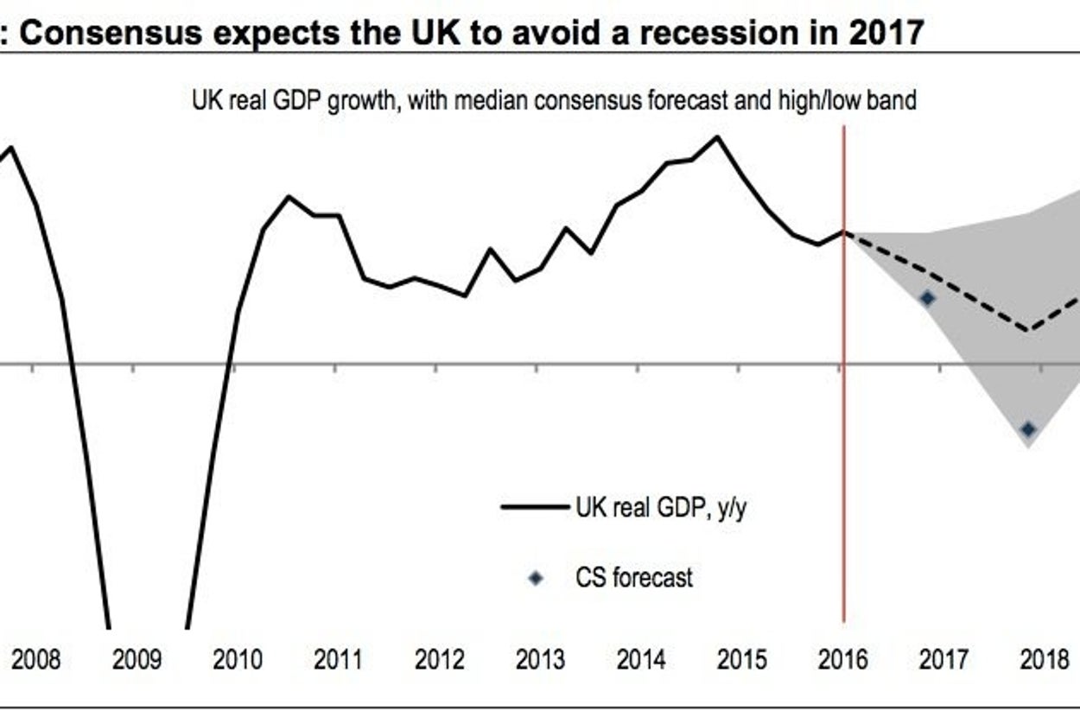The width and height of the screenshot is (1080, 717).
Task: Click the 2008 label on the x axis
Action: [37, 661]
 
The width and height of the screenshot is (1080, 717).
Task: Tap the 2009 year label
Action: [137, 661]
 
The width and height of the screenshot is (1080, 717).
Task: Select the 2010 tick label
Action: [238, 661]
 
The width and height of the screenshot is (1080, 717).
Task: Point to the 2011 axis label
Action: [338, 661]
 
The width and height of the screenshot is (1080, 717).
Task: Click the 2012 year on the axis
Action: [439, 661]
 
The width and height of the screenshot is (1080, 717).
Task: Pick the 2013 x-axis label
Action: [540, 661]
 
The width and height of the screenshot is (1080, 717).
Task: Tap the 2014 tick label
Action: [641, 661]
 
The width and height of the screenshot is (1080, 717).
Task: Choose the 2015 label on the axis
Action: [742, 661]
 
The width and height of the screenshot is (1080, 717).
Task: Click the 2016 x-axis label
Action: [843, 661]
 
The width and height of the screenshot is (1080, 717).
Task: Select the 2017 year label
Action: [943, 661]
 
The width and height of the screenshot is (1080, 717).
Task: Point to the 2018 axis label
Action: [1045, 661]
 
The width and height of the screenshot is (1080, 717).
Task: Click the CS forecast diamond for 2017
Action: [928, 298]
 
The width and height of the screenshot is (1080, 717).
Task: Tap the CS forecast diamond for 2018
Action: [1028, 429]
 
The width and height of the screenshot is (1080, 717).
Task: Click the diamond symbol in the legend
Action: [536, 578]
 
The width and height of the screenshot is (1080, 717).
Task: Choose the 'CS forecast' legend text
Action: [634, 577]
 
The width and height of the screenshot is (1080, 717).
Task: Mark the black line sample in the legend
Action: [535, 507]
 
